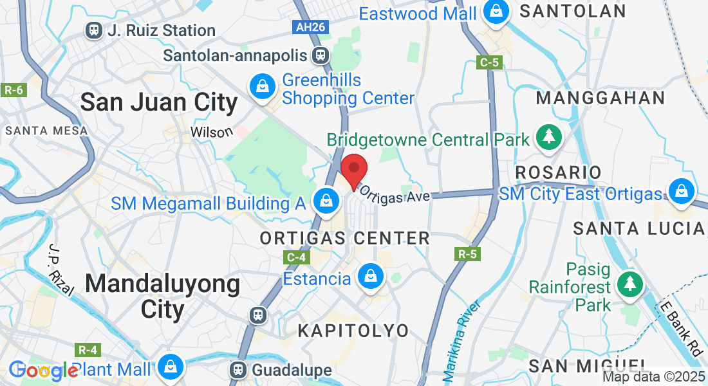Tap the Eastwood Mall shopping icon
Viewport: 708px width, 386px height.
[497, 12]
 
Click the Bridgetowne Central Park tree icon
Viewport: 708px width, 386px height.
[549, 137]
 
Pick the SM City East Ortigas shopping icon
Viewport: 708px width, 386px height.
[680, 191]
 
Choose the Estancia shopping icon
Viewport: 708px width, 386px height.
[370, 277]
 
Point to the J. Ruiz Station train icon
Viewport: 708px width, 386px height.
[95, 30]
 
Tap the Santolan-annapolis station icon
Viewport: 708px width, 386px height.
[319, 55]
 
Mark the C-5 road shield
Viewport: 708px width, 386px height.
[490, 62]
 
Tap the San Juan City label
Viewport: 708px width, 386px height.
[158, 103]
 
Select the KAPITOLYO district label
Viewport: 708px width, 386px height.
[353, 331]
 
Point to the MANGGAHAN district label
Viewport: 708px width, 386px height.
[601, 98]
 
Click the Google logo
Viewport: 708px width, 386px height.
[42, 370]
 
